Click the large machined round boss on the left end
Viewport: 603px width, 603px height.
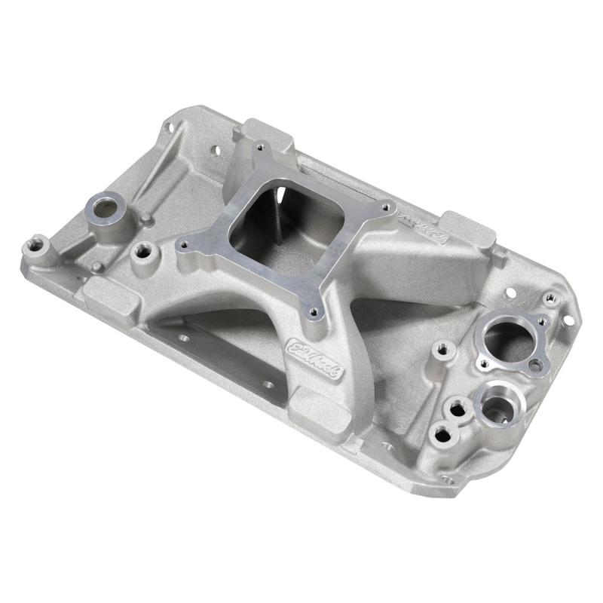(x=105, y=205)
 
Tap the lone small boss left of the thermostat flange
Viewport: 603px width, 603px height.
(x=443, y=348)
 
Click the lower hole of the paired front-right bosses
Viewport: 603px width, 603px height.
(x=442, y=434)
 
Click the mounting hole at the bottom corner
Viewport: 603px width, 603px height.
(x=448, y=478)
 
